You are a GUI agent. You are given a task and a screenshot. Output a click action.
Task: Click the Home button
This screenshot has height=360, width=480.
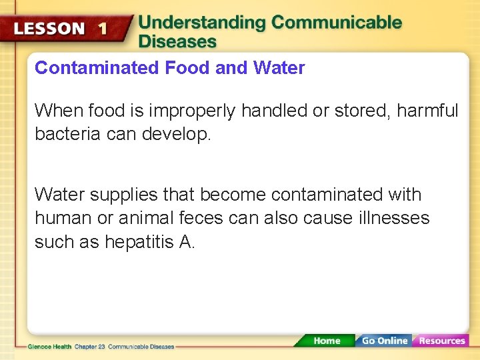(x=327, y=341)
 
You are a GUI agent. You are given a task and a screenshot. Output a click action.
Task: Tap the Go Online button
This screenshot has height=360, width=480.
(x=384, y=341)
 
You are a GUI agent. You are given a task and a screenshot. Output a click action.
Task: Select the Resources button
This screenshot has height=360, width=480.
(x=441, y=341)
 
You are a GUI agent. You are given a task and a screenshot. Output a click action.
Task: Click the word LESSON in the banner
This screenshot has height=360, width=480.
(x=50, y=29)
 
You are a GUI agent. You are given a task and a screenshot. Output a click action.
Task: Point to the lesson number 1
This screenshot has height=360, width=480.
(x=102, y=29)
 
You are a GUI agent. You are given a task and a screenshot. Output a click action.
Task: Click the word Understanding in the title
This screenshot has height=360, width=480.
(x=202, y=23)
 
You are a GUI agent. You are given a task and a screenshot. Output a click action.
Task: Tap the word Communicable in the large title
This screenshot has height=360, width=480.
(x=337, y=23)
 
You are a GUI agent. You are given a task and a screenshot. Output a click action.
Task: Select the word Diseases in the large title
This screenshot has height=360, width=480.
(x=177, y=41)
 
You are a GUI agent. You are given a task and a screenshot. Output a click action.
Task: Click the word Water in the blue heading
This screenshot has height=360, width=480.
(x=279, y=68)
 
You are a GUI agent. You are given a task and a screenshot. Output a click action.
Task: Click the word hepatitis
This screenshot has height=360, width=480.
(x=140, y=241)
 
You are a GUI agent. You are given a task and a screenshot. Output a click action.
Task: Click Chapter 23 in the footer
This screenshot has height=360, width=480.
(x=89, y=347)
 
